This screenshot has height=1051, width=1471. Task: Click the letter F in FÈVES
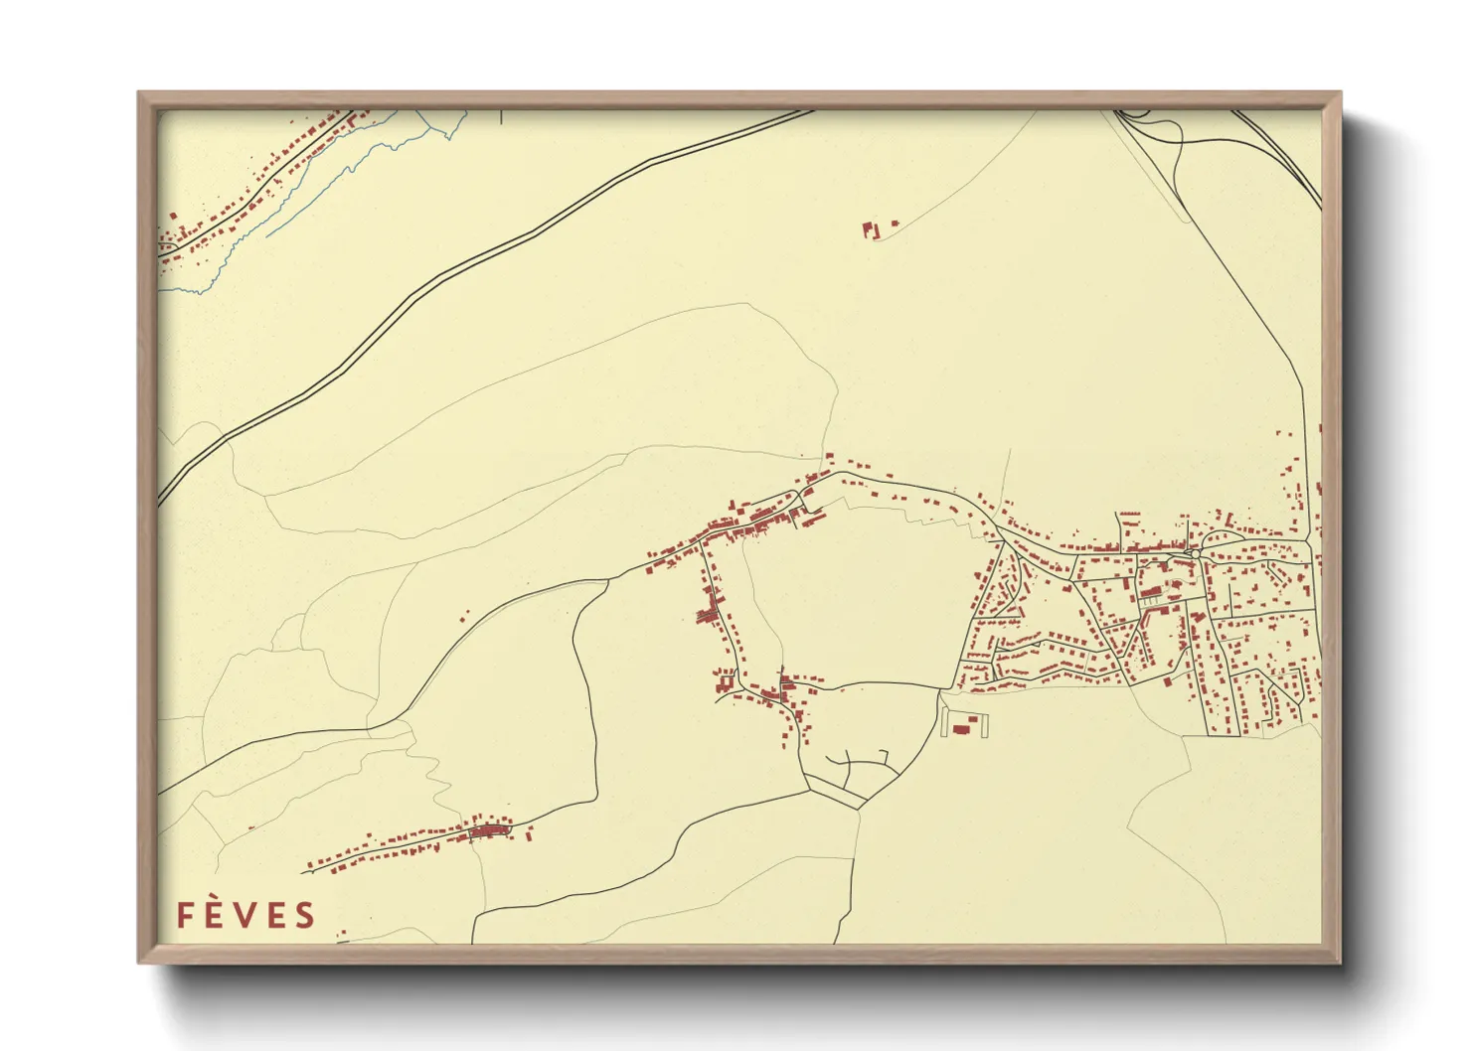click(186, 915)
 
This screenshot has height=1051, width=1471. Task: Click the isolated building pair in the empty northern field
click(873, 229)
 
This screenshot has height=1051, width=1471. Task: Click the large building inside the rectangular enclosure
click(961, 729)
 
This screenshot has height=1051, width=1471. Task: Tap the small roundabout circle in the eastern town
click(1192, 550)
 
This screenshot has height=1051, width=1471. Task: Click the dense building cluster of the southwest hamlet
click(487, 829)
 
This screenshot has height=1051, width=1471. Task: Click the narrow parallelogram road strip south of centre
click(836, 792)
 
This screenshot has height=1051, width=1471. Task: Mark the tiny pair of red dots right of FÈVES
click(341, 934)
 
